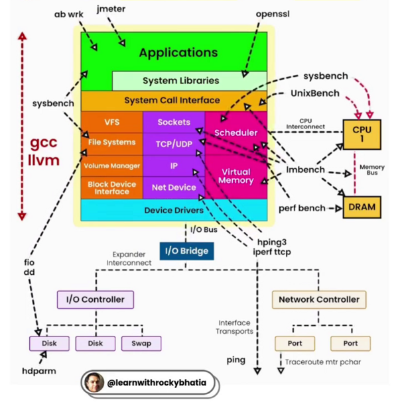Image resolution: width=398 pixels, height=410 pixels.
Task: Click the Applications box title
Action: click(x=178, y=52)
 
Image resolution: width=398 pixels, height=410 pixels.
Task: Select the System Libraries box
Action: click(x=180, y=81)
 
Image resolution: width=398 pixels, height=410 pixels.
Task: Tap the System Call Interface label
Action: click(x=172, y=101)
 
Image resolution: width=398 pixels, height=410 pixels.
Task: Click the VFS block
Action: click(x=111, y=122)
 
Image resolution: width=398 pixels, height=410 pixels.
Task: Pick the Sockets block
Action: click(x=174, y=122)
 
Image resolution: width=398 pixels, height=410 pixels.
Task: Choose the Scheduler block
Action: click(x=235, y=132)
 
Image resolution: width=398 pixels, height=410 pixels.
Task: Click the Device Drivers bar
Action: click(x=173, y=210)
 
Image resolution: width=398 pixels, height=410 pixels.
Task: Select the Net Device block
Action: click(x=174, y=187)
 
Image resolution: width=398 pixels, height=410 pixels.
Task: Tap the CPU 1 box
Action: click(x=362, y=134)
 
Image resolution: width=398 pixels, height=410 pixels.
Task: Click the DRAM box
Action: click(x=362, y=207)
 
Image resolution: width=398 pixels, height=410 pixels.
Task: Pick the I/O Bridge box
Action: click(x=186, y=251)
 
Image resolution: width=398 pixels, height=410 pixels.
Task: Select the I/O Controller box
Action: click(x=95, y=299)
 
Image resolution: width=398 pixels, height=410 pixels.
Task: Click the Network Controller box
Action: click(x=318, y=299)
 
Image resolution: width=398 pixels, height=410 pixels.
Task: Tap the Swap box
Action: click(x=141, y=343)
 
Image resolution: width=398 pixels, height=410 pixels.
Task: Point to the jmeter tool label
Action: click(x=110, y=9)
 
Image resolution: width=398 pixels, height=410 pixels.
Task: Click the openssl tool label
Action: click(x=272, y=13)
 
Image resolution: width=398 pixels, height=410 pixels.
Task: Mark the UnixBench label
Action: click(x=314, y=93)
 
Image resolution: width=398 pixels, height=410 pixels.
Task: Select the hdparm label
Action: click(x=38, y=371)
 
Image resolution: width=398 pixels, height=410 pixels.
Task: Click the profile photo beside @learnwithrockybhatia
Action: click(x=94, y=383)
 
